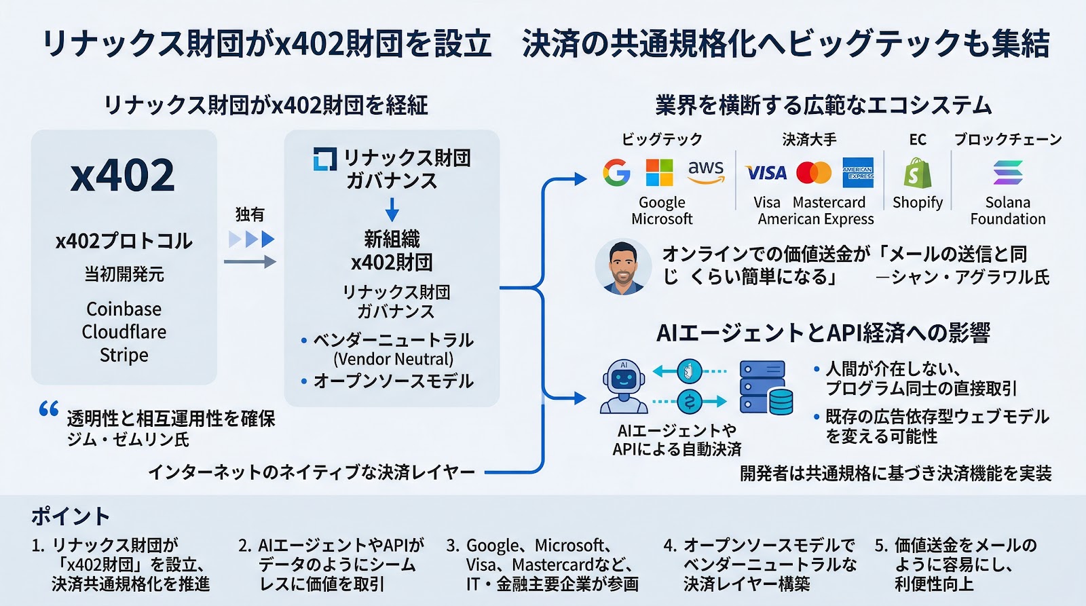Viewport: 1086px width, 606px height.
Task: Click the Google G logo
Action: [616, 172]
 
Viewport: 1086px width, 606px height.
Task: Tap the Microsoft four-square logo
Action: [659, 172]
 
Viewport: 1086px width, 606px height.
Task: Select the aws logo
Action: [706, 171]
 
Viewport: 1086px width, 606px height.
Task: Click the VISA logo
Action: [766, 173]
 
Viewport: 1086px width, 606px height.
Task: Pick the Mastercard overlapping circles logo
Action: [814, 173]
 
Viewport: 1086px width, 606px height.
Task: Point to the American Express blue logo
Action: [858, 173]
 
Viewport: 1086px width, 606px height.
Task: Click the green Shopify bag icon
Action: [917, 173]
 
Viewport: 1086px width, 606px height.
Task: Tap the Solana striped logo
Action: [1007, 172]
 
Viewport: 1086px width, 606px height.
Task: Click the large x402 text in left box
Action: [123, 175]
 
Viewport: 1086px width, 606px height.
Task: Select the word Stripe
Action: [124, 355]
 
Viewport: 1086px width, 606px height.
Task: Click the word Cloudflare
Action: [124, 332]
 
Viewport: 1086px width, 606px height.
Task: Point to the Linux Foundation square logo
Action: [324, 159]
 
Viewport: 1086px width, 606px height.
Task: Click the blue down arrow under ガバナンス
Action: [392, 210]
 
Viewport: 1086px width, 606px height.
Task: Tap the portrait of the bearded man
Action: [622, 267]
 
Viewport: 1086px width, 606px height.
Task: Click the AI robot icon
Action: [624, 387]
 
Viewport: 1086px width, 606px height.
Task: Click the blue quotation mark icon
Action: [49, 409]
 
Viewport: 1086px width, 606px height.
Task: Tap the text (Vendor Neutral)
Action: [393, 359]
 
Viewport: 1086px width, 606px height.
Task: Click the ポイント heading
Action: [70, 516]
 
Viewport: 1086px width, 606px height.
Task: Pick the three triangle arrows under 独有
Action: [251, 239]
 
